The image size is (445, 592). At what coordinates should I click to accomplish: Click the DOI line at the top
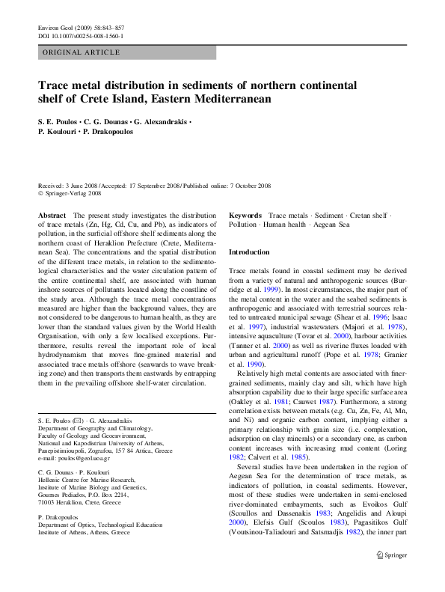pos(80,35)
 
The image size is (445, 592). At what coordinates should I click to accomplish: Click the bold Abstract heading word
pos(52,215)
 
